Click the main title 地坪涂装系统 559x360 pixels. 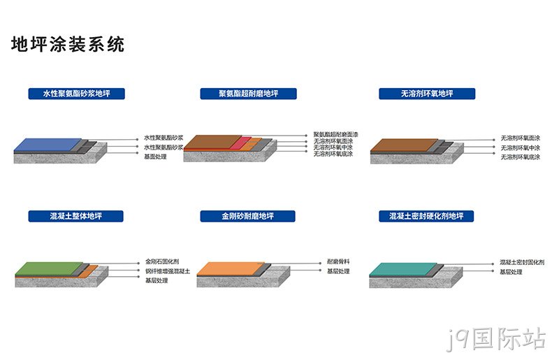pos(68,44)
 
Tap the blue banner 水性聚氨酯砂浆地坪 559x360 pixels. pos(77,94)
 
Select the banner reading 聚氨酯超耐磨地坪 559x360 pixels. pos(248,94)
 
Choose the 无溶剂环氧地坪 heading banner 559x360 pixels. pos(427,94)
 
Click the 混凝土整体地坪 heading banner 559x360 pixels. pos(76,216)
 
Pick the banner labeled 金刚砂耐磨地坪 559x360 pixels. pos(248,216)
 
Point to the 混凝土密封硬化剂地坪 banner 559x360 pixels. pos(426,216)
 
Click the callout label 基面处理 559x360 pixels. pos(155,157)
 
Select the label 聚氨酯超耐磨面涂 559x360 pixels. pos(335,134)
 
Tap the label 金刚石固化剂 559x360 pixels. pos(162,261)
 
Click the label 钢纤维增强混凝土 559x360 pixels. pos(168,271)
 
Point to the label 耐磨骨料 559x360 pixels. pos(338,261)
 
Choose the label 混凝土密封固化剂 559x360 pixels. pos(522,262)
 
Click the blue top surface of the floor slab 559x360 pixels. pos(48,144)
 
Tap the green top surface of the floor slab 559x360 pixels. pos(49,268)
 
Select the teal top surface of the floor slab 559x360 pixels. pos(403,269)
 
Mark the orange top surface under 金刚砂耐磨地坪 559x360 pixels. pos(231,268)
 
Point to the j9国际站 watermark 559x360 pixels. pos(496,339)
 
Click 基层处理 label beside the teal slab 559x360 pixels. pos(511,272)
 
